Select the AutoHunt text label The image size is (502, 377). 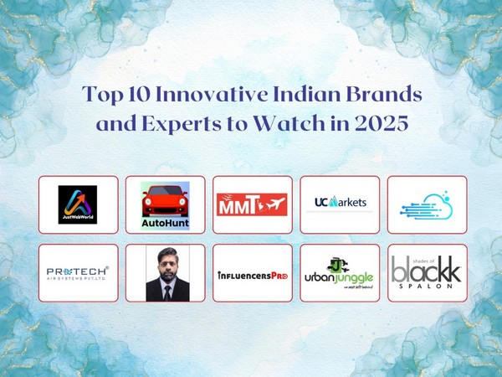click(165, 224)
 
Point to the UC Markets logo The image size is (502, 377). click(340, 204)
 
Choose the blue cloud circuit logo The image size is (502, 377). click(427, 204)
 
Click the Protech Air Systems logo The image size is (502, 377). click(78, 273)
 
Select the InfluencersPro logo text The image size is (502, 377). click(253, 274)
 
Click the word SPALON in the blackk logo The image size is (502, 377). click(427, 287)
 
